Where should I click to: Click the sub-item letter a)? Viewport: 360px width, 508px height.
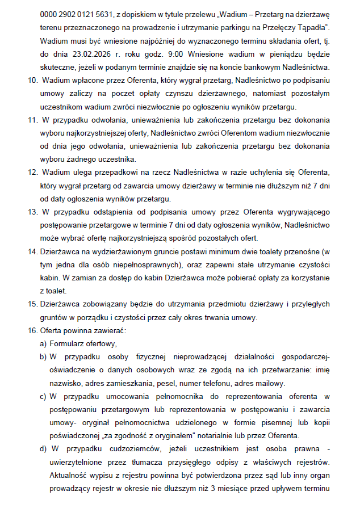(x=43, y=343)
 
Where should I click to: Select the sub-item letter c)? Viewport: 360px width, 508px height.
(x=43, y=396)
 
